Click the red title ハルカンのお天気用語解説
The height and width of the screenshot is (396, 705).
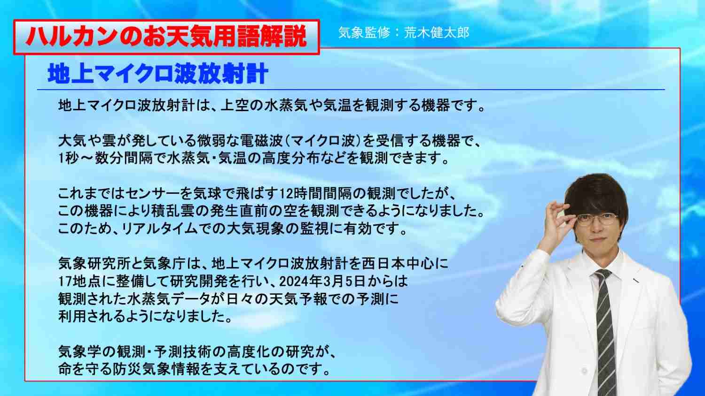coord(166,37)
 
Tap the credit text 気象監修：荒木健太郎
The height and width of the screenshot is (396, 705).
coord(404,33)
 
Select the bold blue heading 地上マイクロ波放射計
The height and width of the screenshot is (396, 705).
coord(157,74)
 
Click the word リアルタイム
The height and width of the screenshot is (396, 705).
coord(160,229)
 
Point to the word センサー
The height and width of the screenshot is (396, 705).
coord(157,194)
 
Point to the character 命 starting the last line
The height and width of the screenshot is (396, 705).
coord(65,370)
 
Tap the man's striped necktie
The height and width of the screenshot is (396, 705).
coord(604,330)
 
